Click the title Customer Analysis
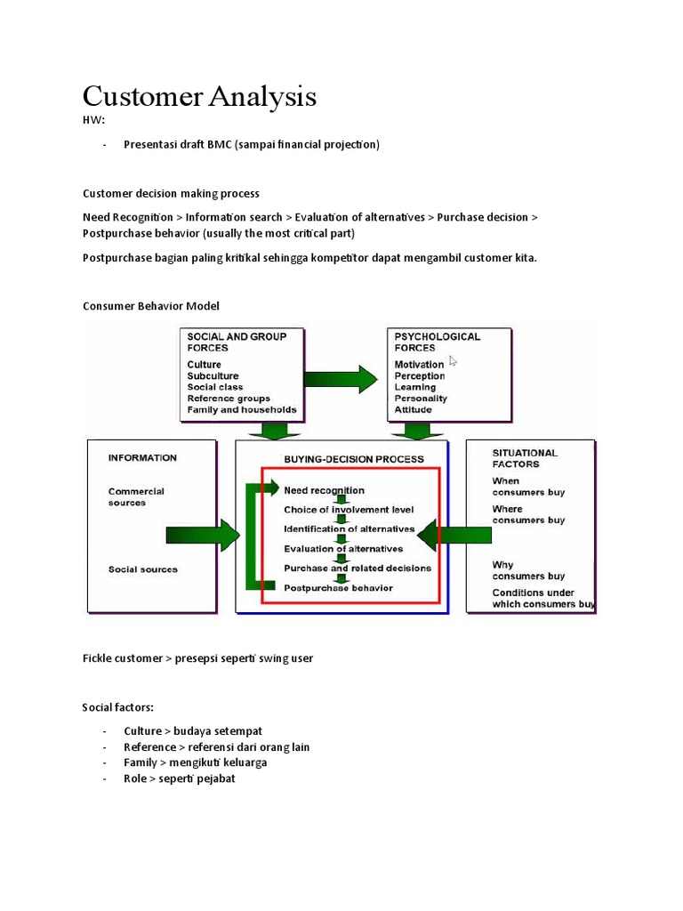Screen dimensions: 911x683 pos(199,96)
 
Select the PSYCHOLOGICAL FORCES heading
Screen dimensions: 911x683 pos(437,342)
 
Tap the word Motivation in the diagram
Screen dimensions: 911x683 pos(419,365)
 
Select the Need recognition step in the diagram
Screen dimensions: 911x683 pos(324,490)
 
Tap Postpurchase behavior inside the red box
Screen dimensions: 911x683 pos(338,587)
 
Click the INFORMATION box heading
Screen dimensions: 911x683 pos(142,458)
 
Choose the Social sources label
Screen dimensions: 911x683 pos(142,569)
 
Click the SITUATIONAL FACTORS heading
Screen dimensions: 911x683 pos(525,458)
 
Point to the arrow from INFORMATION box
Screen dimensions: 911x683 pos(203,536)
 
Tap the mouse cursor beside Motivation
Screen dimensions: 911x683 pos(454,361)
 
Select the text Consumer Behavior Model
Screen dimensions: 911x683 pos(150,306)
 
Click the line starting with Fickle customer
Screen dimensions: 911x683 pos(197,658)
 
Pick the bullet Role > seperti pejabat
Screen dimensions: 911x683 pos(180,778)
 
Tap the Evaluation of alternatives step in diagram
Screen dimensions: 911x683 pos(343,549)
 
